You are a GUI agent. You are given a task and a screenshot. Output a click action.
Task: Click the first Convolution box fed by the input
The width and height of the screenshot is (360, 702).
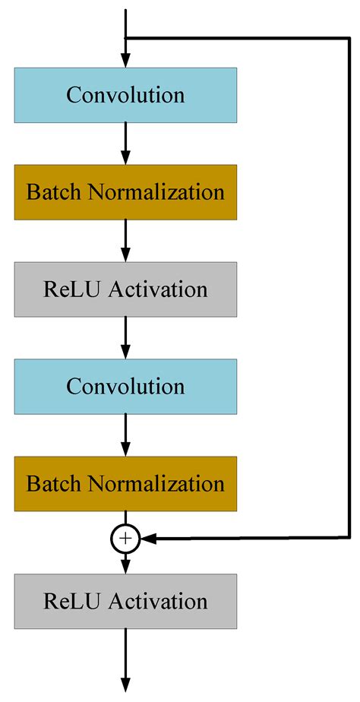point(125,94)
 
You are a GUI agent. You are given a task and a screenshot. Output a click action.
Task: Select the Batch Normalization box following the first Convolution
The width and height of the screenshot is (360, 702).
point(125,191)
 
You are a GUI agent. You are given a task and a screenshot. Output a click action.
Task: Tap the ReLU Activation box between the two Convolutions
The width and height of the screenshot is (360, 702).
point(125,289)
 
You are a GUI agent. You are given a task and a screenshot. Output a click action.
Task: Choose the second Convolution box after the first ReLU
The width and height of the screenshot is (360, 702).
point(125,386)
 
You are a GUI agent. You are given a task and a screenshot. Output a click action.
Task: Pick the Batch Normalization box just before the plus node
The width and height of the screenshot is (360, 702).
point(125,483)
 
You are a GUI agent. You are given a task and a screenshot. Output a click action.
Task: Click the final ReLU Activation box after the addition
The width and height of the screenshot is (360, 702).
point(125,601)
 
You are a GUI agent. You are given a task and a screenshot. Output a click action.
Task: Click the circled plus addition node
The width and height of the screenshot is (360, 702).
point(125,539)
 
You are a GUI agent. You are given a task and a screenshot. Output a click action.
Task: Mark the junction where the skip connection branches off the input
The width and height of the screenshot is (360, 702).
point(126,37)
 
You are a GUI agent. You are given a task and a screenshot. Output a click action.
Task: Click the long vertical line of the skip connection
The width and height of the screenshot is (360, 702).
point(349,289)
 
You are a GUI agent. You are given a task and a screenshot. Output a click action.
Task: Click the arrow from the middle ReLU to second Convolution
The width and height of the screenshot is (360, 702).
point(125,337)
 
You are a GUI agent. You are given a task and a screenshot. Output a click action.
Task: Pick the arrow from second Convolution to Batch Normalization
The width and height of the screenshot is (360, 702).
point(125,435)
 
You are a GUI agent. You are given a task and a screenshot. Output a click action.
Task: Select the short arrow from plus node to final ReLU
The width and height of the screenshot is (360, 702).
point(125,562)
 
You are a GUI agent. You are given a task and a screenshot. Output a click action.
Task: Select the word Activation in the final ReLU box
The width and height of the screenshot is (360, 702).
point(158,601)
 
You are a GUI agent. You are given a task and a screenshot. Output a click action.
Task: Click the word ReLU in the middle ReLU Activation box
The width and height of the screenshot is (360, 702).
point(71,289)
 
